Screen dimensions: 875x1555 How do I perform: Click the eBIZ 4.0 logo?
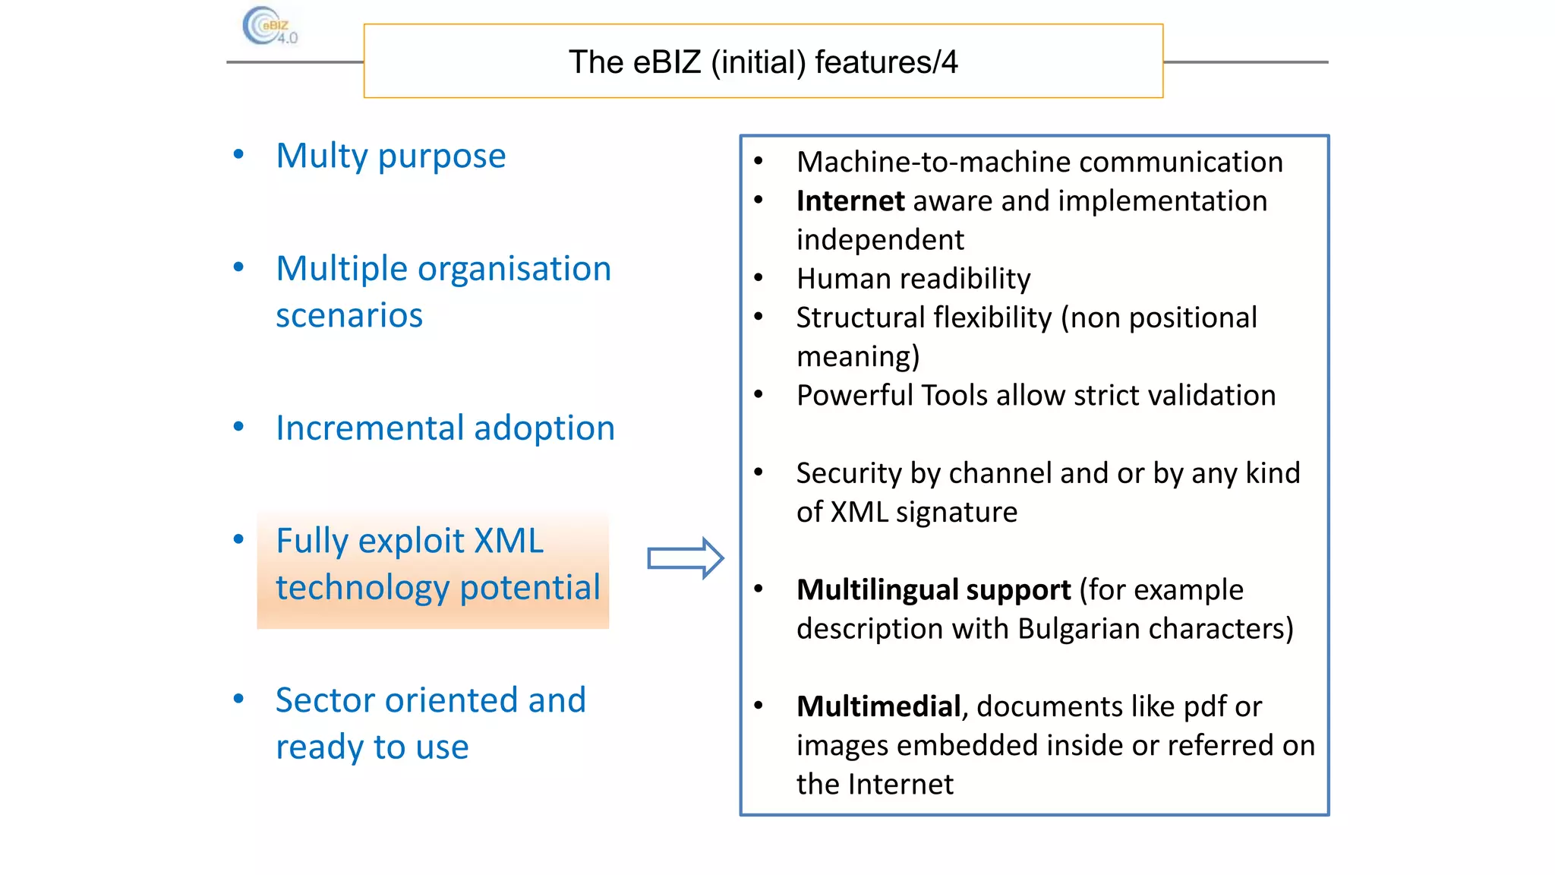coord(269,27)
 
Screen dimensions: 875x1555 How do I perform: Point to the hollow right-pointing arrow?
coord(685,559)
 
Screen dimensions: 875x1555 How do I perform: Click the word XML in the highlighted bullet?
coord(508,541)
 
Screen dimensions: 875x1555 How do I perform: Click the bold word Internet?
coord(850,201)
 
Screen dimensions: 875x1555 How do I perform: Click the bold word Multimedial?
coord(878,707)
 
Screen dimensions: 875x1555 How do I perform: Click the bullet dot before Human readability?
coord(759,278)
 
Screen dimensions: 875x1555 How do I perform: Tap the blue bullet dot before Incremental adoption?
coord(238,427)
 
